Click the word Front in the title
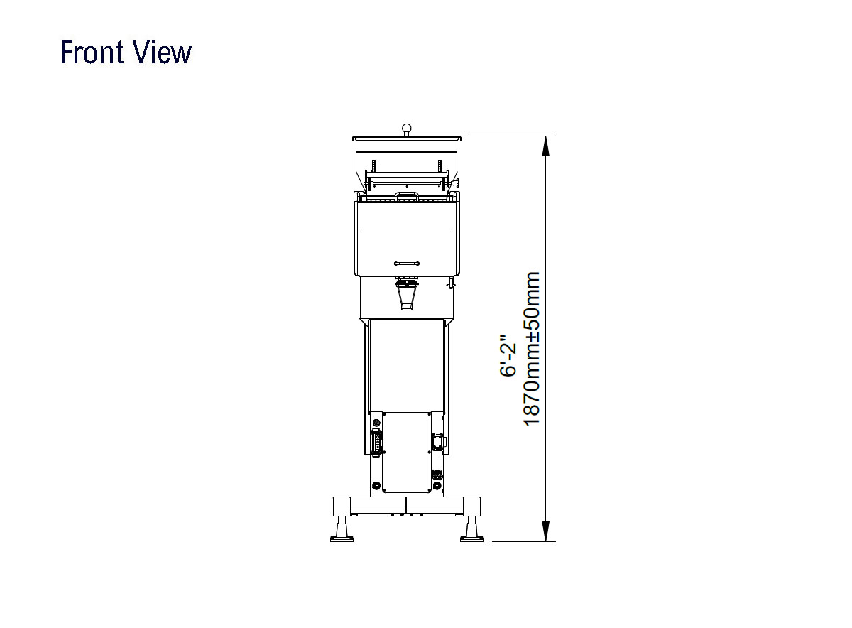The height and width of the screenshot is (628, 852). (x=92, y=52)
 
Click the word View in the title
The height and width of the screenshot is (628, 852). (x=162, y=52)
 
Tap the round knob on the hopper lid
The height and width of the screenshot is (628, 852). (x=407, y=128)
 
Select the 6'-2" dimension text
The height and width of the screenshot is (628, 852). (x=508, y=355)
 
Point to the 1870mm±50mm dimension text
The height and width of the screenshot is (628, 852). (x=532, y=349)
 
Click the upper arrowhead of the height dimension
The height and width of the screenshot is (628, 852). (x=545, y=146)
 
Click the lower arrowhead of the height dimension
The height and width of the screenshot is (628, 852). (x=545, y=531)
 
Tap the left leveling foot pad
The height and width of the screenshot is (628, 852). (x=342, y=538)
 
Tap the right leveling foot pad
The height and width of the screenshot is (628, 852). (x=471, y=538)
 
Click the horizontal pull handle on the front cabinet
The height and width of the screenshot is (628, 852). (x=407, y=264)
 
